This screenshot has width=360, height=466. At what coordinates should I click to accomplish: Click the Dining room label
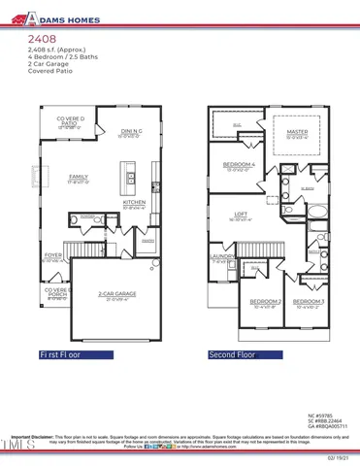133,132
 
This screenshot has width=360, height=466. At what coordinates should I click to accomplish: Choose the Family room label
79,178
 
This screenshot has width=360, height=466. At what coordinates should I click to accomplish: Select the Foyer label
53,257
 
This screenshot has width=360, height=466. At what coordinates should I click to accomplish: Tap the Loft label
245,215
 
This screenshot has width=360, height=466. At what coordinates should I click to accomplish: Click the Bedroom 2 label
254,303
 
